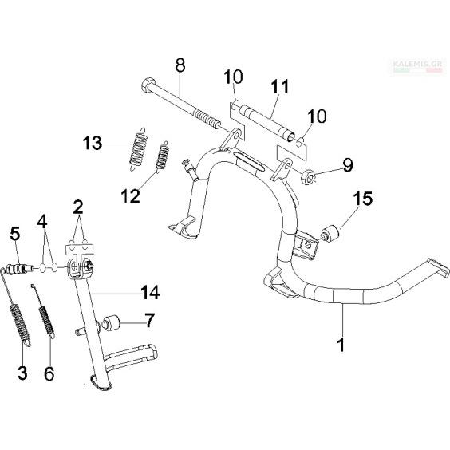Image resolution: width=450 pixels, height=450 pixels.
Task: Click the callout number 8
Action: [180, 65]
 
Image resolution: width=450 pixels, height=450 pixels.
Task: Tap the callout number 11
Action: [279, 86]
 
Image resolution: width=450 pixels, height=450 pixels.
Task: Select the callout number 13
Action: [93, 143]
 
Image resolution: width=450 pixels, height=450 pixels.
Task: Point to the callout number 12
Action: [131, 196]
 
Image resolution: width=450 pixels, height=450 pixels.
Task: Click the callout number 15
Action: [363, 199]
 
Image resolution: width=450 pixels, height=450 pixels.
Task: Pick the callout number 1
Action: [341, 345]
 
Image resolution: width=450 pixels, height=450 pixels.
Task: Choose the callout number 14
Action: [150, 293]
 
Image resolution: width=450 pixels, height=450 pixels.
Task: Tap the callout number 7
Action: [150, 320]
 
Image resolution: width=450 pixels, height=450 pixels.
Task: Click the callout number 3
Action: [22, 373]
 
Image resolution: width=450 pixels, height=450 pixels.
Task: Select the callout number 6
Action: [49, 373]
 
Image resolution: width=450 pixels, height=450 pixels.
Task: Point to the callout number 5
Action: [15, 234]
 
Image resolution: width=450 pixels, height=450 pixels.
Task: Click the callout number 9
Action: [348, 166]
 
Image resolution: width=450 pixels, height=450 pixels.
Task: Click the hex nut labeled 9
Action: [308, 177]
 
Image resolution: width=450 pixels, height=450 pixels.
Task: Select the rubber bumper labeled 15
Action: [330, 234]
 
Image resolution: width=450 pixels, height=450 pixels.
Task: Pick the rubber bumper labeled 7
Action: [110, 323]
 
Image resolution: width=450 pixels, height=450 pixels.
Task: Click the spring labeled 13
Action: [139, 149]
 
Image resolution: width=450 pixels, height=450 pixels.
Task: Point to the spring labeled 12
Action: [162, 157]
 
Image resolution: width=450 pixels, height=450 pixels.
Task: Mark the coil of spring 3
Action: [19, 321]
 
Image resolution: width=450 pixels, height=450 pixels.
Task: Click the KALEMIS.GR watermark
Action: [417, 65]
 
